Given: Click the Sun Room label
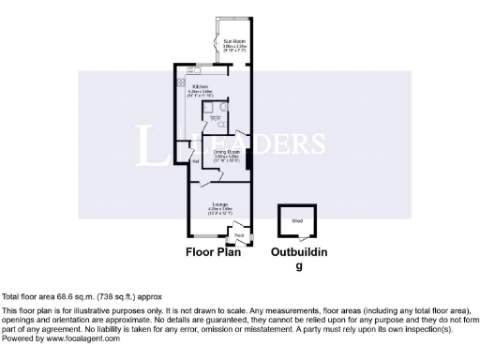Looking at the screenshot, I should pos(233,41).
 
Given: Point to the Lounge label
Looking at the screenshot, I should pos(220,203).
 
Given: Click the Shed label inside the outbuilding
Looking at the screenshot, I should pos(296,221).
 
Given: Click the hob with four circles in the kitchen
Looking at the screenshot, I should pos(179,83).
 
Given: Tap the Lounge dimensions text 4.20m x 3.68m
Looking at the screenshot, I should pos(220,208).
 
